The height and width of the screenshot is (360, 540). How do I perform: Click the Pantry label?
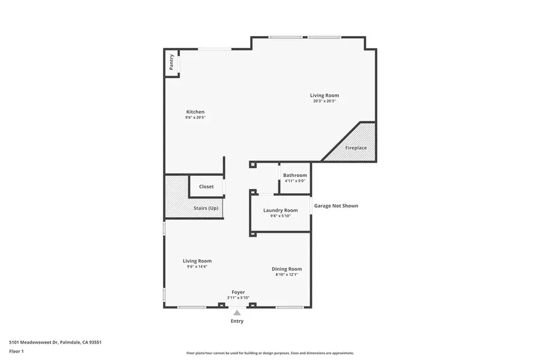(172, 62)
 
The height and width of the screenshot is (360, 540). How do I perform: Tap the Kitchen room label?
(195, 112)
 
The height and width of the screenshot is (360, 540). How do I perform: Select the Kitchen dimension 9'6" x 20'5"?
(195, 118)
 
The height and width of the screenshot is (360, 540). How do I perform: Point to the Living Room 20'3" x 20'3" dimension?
(324, 101)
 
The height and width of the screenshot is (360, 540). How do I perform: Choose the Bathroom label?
(295, 175)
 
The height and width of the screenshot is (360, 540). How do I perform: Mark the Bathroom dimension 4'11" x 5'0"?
(295, 181)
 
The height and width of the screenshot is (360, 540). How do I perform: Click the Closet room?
(206, 187)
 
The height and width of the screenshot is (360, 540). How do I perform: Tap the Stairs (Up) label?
(206, 208)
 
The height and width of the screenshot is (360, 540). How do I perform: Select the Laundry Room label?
(280, 210)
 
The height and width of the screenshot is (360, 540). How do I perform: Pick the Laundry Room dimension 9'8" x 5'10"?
(280, 216)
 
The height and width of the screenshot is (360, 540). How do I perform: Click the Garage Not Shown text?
(336, 206)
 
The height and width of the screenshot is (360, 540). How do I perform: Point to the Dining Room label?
(287, 269)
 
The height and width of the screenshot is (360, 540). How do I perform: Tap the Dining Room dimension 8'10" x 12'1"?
(287, 275)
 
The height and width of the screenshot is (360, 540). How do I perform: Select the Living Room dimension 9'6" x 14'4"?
(197, 267)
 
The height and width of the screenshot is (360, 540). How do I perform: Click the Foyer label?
(238, 292)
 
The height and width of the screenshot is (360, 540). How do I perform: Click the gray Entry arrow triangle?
(237, 313)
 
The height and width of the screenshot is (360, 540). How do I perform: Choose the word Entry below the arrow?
(237, 321)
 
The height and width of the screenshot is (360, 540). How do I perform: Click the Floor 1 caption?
(17, 351)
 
